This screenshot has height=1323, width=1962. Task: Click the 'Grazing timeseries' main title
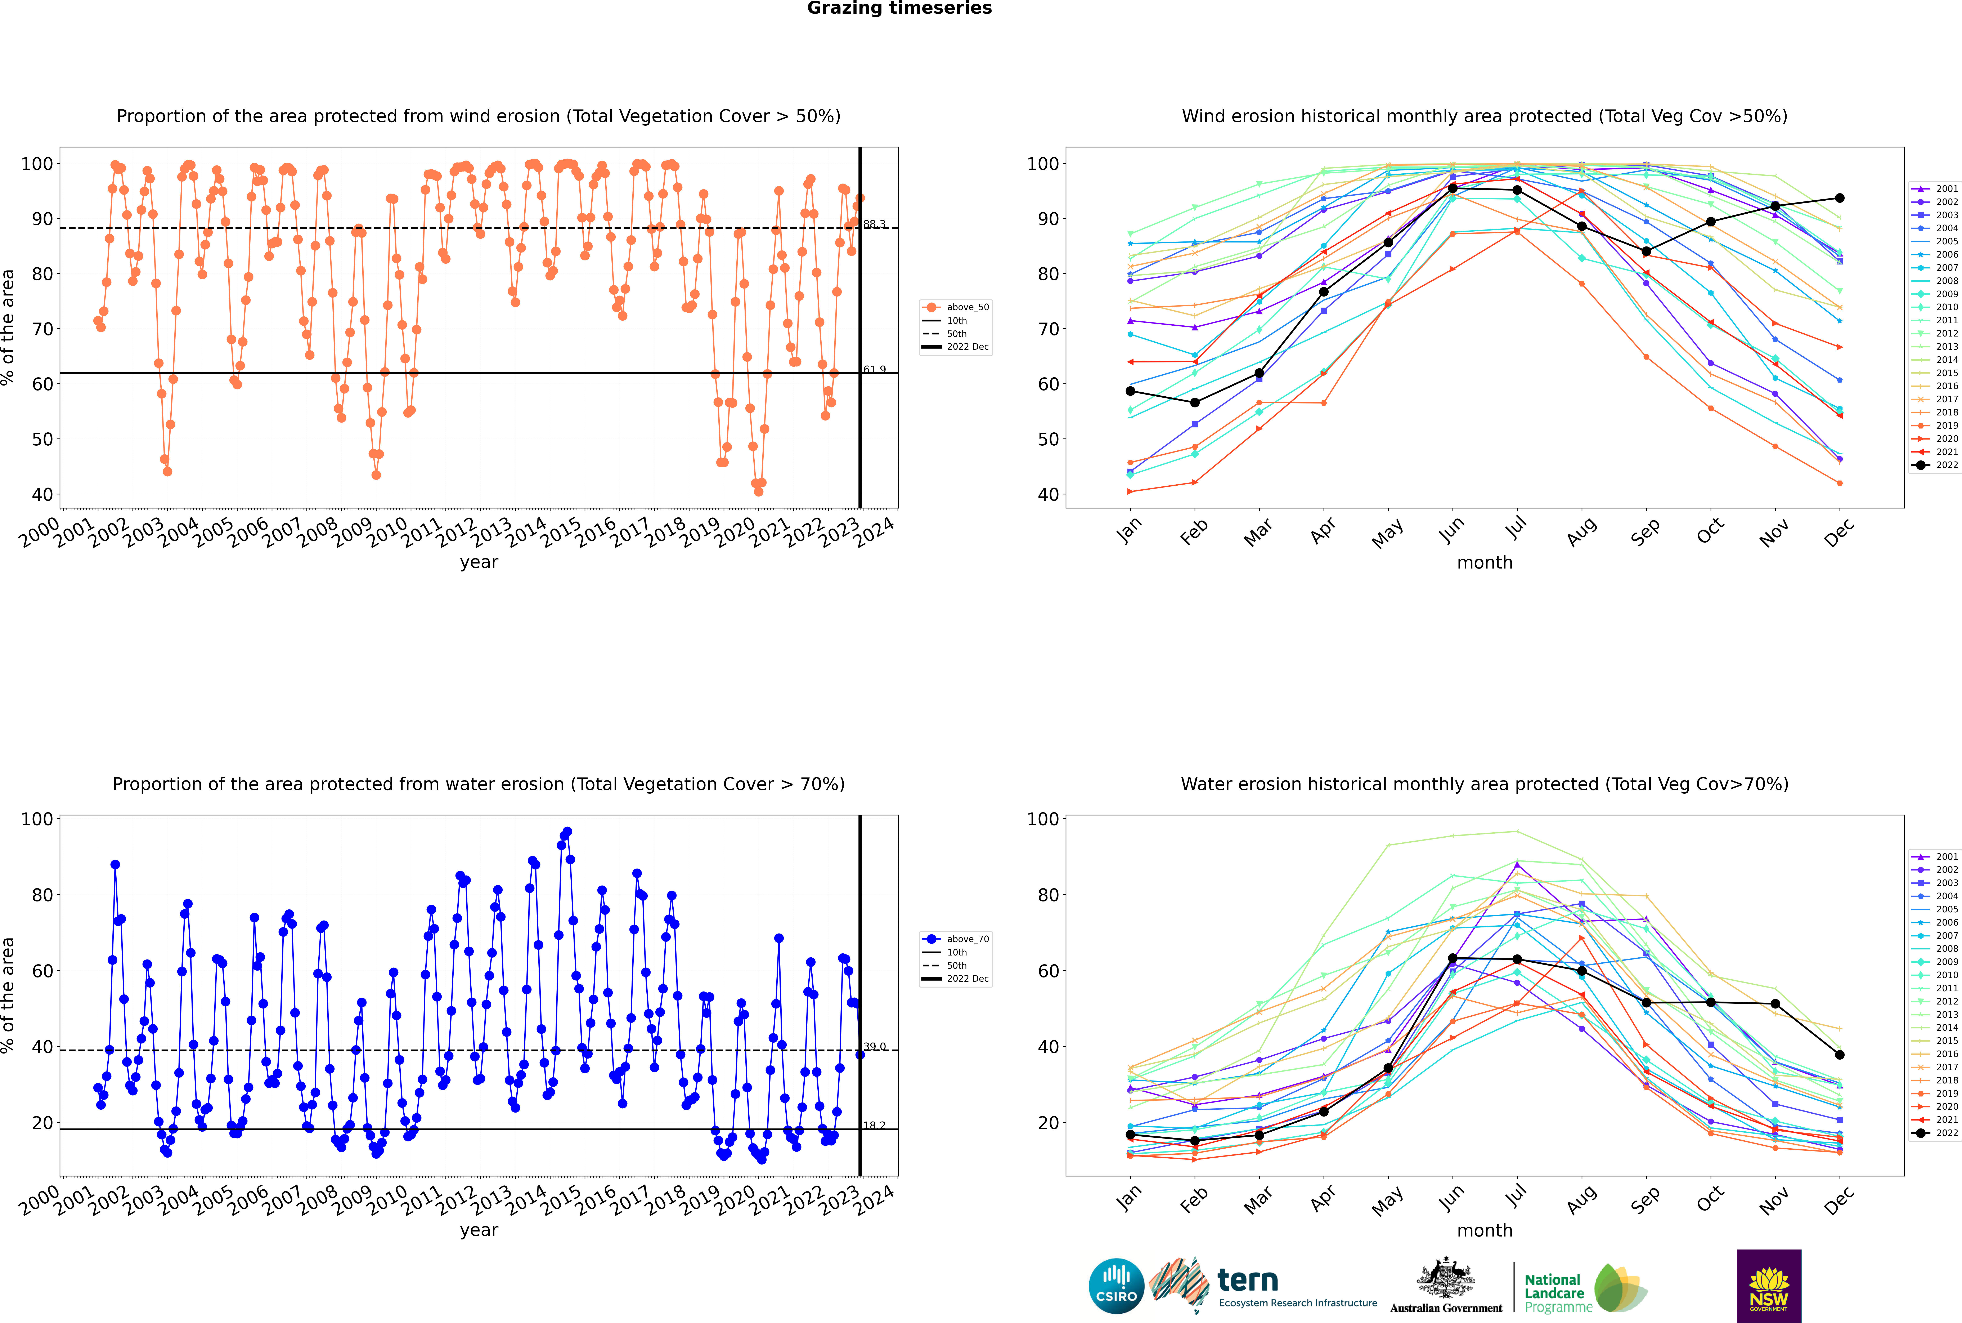coord(899,8)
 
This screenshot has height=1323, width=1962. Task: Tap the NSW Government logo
coord(1769,1285)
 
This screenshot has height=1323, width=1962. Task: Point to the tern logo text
coord(1248,1281)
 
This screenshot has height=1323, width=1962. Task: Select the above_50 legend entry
coord(956,307)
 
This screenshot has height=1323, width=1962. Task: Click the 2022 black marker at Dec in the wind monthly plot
coord(1840,198)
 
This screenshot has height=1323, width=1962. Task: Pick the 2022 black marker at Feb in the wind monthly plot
coord(1194,402)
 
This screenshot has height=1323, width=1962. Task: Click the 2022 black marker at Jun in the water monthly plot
coord(1453,958)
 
